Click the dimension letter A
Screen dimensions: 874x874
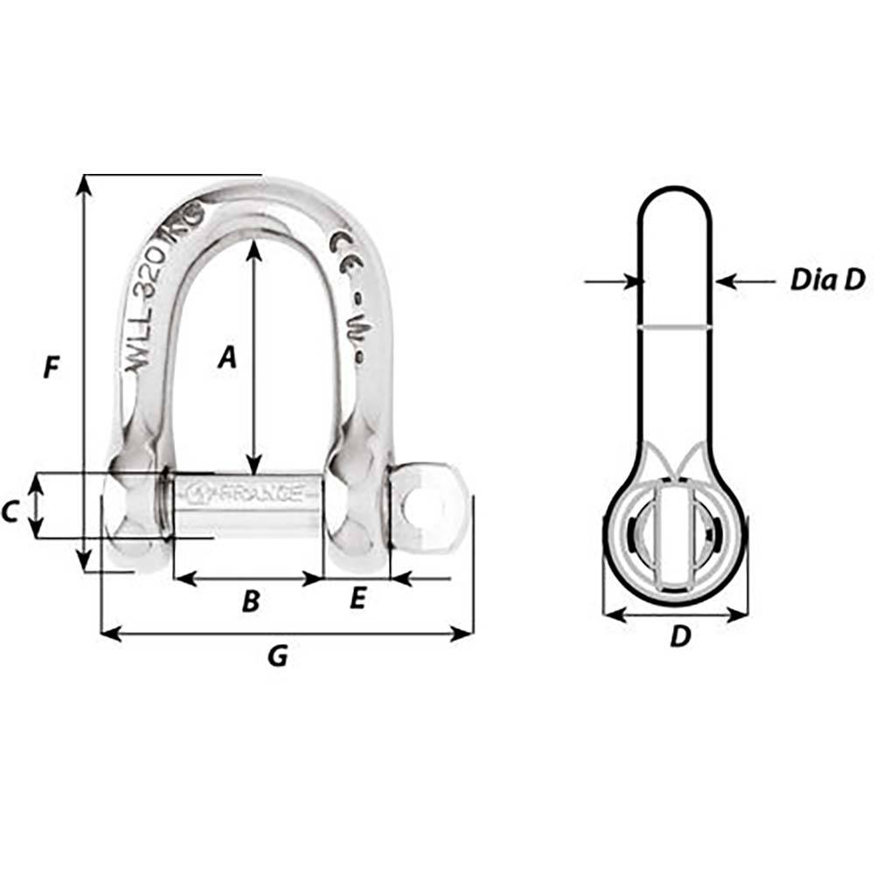(227, 357)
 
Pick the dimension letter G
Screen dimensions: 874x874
(277, 656)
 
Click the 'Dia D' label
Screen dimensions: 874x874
(827, 280)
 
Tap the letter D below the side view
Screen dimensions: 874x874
(680, 638)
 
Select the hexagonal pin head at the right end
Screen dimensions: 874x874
(426, 508)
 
